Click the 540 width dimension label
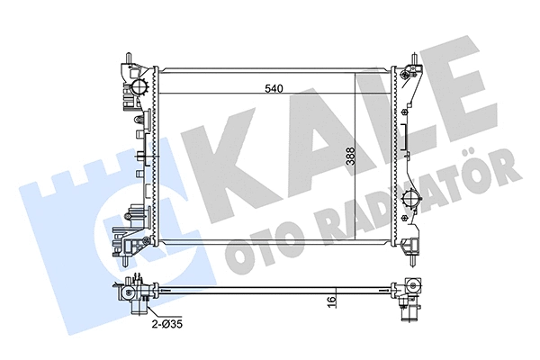pos(274,88)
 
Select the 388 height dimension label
pos(351,156)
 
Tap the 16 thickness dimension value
pos(332,300)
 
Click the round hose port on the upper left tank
pos(139,86)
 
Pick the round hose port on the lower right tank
pos(412,199)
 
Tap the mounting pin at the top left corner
pos(129,58)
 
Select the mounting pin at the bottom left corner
pos(124,261)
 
